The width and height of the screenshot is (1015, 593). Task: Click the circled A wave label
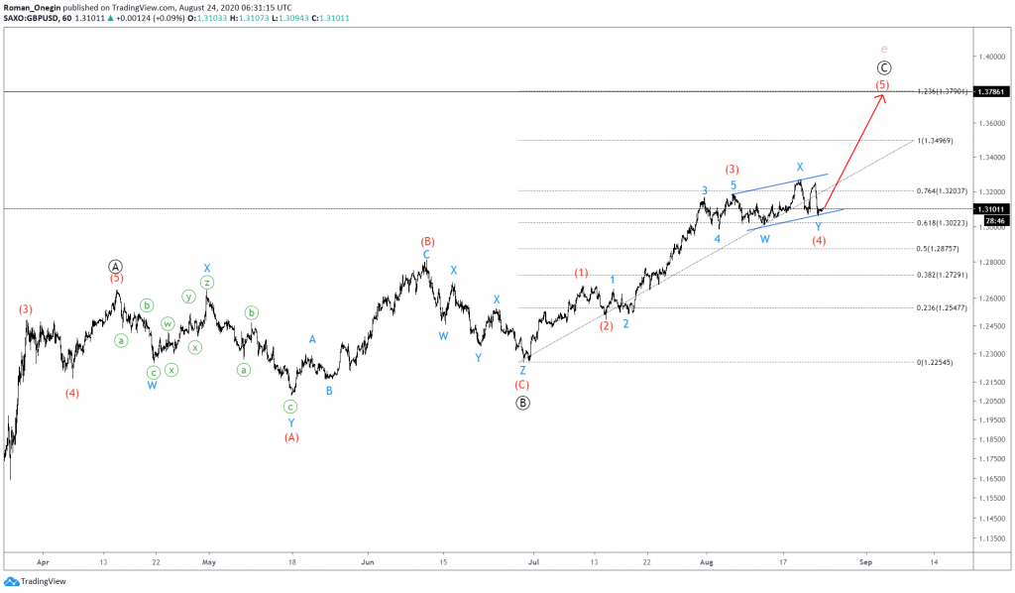click(115, 266)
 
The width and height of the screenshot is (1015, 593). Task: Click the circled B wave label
click(522, 403)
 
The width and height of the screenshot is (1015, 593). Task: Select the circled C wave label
click(884, 67)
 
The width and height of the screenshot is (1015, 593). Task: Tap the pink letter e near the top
click(884, 49)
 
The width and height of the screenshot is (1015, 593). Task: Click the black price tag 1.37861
click(990, 91)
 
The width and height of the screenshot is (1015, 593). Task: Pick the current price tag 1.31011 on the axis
click(990, 209)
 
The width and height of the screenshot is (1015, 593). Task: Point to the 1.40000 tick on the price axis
click(990, 58)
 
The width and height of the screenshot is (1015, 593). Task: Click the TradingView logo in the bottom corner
click(34, 581)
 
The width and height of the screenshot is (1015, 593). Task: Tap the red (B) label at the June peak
click(427, 241)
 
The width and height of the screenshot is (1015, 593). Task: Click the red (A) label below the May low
click(291, 436)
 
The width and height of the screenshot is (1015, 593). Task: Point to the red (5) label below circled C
click(882, 85)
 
